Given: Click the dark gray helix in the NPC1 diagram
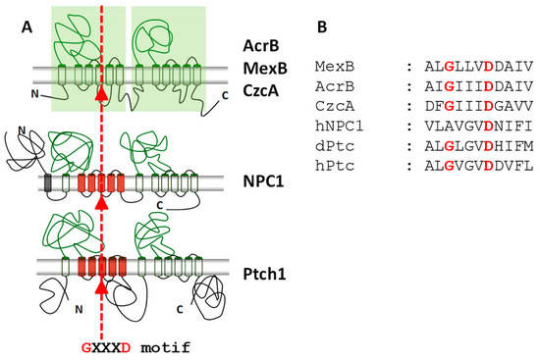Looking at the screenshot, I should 48,182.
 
